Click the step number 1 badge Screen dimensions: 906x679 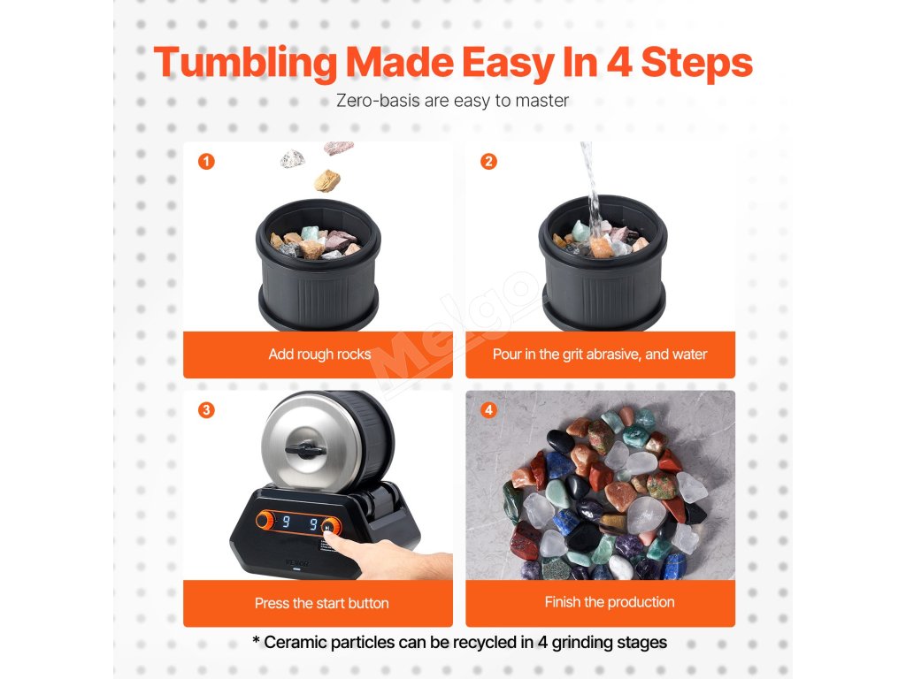[206, 161]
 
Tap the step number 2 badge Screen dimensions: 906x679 [488, 161]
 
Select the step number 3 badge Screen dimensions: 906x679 [206, 410]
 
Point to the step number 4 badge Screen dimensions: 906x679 [488, 410]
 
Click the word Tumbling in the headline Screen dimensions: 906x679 [245, 63]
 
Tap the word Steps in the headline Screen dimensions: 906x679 [696, 63]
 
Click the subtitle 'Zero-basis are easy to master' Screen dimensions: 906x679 [452, 101]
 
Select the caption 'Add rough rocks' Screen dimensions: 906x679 [319, 354]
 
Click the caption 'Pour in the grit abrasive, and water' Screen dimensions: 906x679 [600, 354]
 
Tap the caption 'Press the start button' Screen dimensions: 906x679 [321, 603]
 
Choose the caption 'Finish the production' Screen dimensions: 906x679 [610, 602]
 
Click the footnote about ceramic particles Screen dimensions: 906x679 [460, 642]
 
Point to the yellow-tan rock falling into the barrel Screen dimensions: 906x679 [327, 180]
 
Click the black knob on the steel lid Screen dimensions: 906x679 [305, 448]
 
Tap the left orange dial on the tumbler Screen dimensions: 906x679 [265, 520]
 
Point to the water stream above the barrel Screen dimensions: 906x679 [591, 185]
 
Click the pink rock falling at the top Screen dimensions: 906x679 [338, 148]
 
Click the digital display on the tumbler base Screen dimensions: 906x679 [299, 523]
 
